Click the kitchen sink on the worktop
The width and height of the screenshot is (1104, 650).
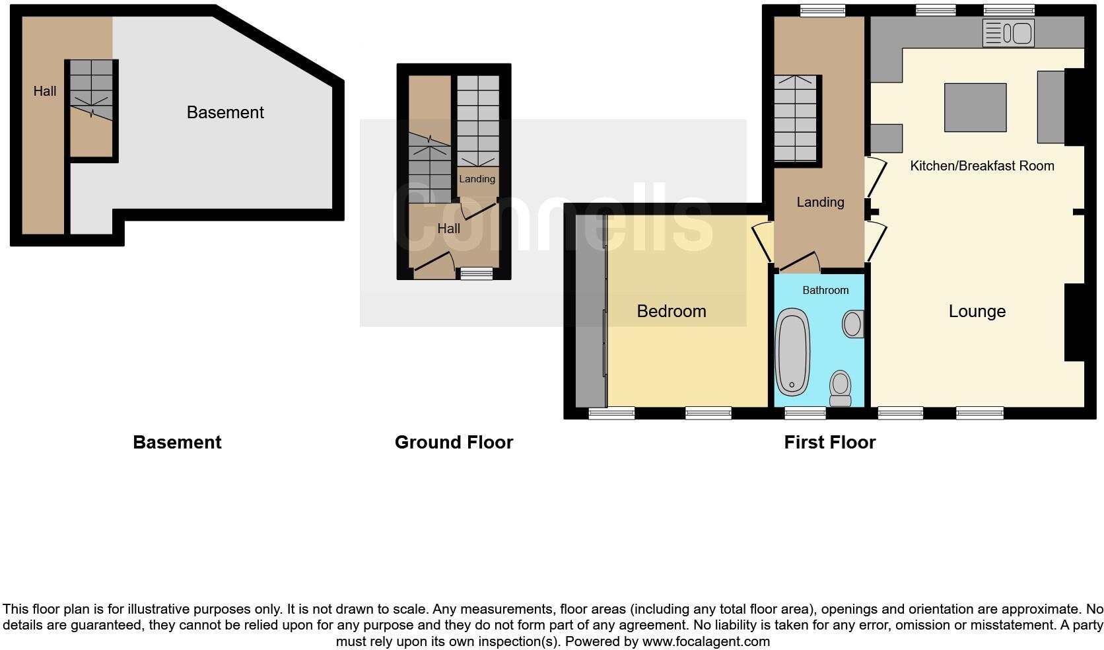[1008, 32]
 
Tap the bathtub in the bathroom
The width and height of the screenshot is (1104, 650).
[792, 351]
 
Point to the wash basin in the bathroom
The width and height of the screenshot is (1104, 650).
[852, 324]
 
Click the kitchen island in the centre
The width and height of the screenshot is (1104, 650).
[975, 108]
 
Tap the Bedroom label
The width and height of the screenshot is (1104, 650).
[672, 311]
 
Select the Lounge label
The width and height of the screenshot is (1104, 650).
[977, 311]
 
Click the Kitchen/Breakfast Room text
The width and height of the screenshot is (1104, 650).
[982, 166]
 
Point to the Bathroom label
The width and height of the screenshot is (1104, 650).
[825, 290]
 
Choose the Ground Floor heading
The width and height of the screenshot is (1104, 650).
[454, 443]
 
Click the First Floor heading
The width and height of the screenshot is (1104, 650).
[829, 443]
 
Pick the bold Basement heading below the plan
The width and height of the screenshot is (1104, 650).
[177, 443]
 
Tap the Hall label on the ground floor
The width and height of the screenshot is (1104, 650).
[448, 229]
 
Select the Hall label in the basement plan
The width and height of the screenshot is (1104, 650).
[45, 91]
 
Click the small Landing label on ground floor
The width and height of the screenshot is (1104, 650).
[477, 179]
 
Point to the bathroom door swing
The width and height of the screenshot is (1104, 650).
[800, 263]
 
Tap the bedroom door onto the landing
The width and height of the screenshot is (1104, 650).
[764, 242]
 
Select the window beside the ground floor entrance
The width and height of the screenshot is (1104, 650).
[477, 273]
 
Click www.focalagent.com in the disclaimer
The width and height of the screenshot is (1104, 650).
[706, 641]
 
